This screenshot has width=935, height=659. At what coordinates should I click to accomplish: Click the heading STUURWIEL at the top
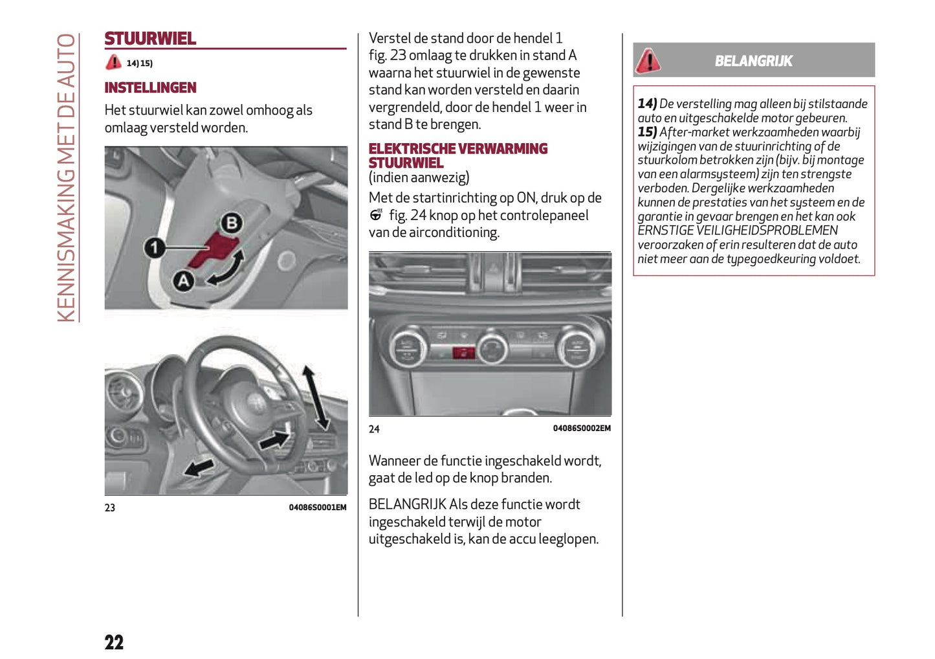150,39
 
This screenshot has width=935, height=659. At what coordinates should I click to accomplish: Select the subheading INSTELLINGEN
150,87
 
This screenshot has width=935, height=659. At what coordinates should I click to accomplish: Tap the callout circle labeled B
231,223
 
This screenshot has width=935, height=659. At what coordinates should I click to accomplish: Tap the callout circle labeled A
184,280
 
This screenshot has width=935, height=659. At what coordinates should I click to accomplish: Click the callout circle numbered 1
154,247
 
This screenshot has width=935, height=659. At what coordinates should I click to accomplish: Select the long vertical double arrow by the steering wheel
316,397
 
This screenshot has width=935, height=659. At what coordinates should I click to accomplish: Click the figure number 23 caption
110,508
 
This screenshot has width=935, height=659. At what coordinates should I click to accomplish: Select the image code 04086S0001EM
317,508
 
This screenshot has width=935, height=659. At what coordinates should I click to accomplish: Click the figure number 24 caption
374,429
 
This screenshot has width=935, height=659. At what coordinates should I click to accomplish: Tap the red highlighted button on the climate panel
463,353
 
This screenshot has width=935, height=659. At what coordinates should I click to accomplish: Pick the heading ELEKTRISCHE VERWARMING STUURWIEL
457,155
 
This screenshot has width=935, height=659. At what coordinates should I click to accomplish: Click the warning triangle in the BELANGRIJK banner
648,61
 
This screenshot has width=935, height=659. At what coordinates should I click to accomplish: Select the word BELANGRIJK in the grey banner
753,61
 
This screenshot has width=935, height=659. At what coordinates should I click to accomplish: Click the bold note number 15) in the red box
647,132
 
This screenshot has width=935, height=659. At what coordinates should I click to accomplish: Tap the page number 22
114,642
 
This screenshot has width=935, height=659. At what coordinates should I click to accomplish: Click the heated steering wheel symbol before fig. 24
376,215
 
